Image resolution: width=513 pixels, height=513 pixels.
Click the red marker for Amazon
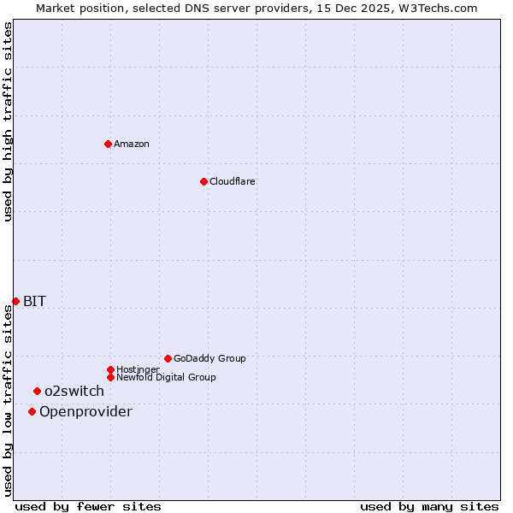108,144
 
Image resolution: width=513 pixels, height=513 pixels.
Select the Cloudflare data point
203,181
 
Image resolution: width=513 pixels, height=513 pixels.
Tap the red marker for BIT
15,301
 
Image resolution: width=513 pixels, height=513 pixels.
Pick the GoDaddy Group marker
168,358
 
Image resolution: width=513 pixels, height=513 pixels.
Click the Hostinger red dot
110,369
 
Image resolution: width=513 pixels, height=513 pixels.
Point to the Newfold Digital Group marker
110,377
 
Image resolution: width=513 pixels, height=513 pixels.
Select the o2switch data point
37,391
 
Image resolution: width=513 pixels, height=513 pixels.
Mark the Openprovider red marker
32,411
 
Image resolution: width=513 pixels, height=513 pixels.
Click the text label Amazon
132,144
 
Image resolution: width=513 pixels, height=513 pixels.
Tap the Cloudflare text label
233,181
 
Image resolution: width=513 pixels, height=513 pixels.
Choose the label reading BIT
34,301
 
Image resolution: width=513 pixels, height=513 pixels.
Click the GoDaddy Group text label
209,358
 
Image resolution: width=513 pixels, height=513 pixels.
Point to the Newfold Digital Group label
166,377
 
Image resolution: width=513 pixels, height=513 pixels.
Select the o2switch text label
74,392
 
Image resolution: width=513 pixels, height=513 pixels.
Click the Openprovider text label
85,412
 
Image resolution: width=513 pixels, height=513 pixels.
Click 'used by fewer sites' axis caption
88,506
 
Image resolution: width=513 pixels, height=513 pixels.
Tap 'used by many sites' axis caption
429,506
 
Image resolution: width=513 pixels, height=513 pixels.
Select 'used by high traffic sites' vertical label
8,121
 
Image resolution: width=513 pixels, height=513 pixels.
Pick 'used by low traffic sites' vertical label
8,399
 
